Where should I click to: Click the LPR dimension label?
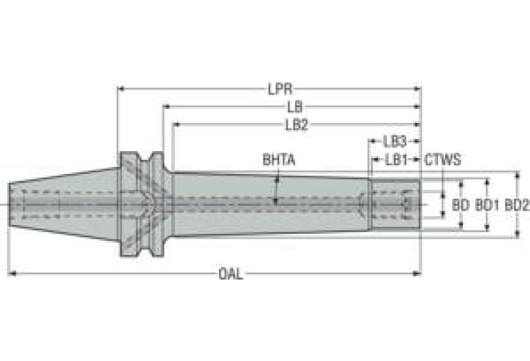[x=281, y=89]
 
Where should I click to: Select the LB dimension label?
[x=295, y=107]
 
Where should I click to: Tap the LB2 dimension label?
[x=297, y=125]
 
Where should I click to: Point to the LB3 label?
[x=395, y=142]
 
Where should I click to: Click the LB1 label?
[x=397, y=159]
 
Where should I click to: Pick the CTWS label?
[x=443, y=159]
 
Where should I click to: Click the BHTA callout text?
[x=279, y=159]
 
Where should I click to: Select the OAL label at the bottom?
[x=231, y=273]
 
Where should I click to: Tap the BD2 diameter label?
[x=516, y=204]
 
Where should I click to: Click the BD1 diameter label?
[x=487, y=204]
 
